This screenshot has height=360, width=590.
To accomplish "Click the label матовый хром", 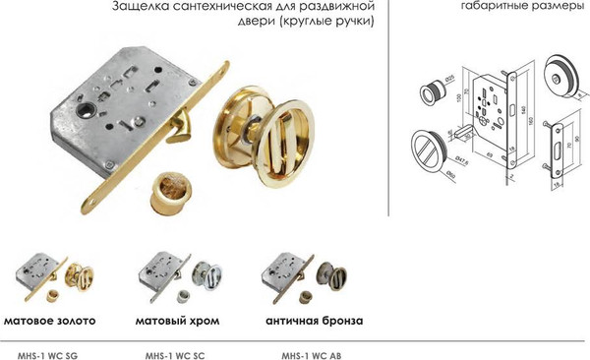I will (x=176, y=321).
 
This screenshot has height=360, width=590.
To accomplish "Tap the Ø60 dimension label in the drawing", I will (x=447, y=177).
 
